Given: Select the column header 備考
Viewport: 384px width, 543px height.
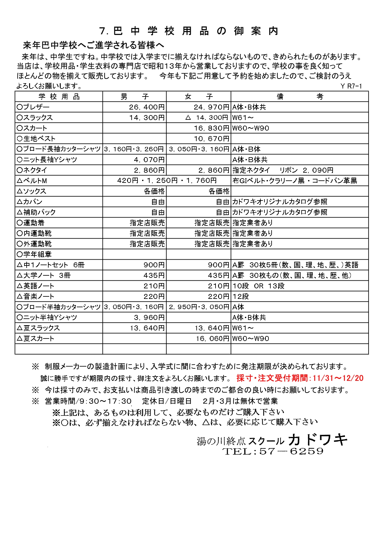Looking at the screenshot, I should tap(299, 97).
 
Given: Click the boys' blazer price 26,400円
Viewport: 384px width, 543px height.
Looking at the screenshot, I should tap(147, 107).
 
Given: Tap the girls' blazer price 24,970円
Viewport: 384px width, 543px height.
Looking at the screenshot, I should tap(212, 107).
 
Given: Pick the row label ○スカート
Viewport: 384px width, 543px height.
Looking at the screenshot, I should tap(32, 128).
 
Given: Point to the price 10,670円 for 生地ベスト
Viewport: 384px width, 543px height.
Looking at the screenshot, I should tap(212, 139).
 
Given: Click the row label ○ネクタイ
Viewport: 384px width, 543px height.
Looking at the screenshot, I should tap(32, 170).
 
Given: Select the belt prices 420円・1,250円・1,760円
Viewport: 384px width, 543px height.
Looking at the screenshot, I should tap(167, 181).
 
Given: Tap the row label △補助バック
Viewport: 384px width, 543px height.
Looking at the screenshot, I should tap(36, 212).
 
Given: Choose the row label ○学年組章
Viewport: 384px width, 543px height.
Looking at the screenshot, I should tap(34, 254).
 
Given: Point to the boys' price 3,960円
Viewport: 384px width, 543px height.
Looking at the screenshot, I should tap(149, 317).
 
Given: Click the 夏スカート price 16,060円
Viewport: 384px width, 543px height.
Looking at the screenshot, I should tap(212, 338).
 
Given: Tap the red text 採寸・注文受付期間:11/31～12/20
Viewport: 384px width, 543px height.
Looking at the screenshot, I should tap(300, 378).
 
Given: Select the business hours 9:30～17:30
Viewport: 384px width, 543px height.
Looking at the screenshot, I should tap(105, 401).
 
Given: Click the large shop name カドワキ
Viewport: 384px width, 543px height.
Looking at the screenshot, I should tap(317, 440).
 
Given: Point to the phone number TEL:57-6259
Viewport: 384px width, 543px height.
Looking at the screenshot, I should tap(273, 451).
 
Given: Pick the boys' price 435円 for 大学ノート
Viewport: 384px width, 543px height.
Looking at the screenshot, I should tap(154, 275).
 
